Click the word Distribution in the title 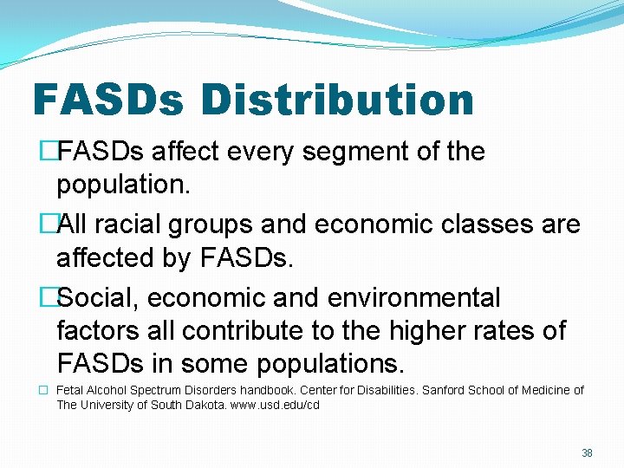coord(337,100)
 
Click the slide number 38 coord(587,453)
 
